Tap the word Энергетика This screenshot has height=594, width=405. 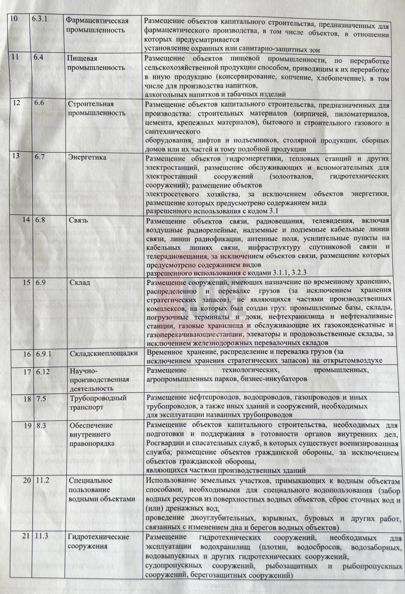[x=87, y=157]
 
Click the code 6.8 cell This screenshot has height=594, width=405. [x=40, y=220]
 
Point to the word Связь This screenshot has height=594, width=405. [x=78, y=220]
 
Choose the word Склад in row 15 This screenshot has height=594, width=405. [x=79, y=282]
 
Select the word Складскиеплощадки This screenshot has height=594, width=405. [x=103, y=353]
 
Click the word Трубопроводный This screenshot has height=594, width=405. [x=97, y=398]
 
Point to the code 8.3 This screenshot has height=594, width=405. [x=41, y=425]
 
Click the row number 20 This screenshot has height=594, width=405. [x=26, y=480]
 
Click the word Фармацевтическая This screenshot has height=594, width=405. [x=97, y=21]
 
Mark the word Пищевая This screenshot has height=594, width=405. [x=82, y=58]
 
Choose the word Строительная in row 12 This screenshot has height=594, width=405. [x=90, y=104]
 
